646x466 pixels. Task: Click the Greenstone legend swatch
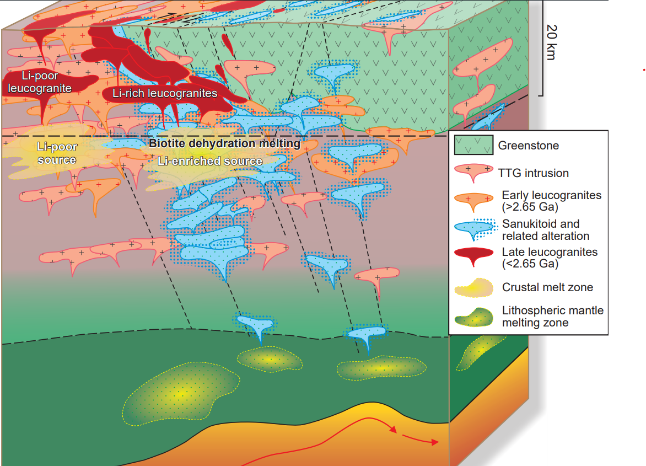coord(473,146)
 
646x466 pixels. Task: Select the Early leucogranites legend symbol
coord(473,200)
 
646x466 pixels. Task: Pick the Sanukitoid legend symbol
coord(473,228)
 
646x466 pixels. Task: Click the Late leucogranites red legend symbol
coord(473,255)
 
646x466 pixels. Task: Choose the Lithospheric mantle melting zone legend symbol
coord(473,317)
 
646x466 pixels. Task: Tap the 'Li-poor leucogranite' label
coord(40,82)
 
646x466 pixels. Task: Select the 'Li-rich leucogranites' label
coord(165,93)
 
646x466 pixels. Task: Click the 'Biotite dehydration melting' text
coord(225,144)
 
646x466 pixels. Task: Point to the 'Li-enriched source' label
coord(210,161)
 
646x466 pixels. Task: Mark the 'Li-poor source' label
coord(57,153)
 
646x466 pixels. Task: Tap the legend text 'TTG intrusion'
coord(533,173)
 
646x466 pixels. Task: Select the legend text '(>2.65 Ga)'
coord(530,208)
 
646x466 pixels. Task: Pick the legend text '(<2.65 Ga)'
coord(530,264)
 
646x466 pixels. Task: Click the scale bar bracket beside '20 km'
coord(542,50)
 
